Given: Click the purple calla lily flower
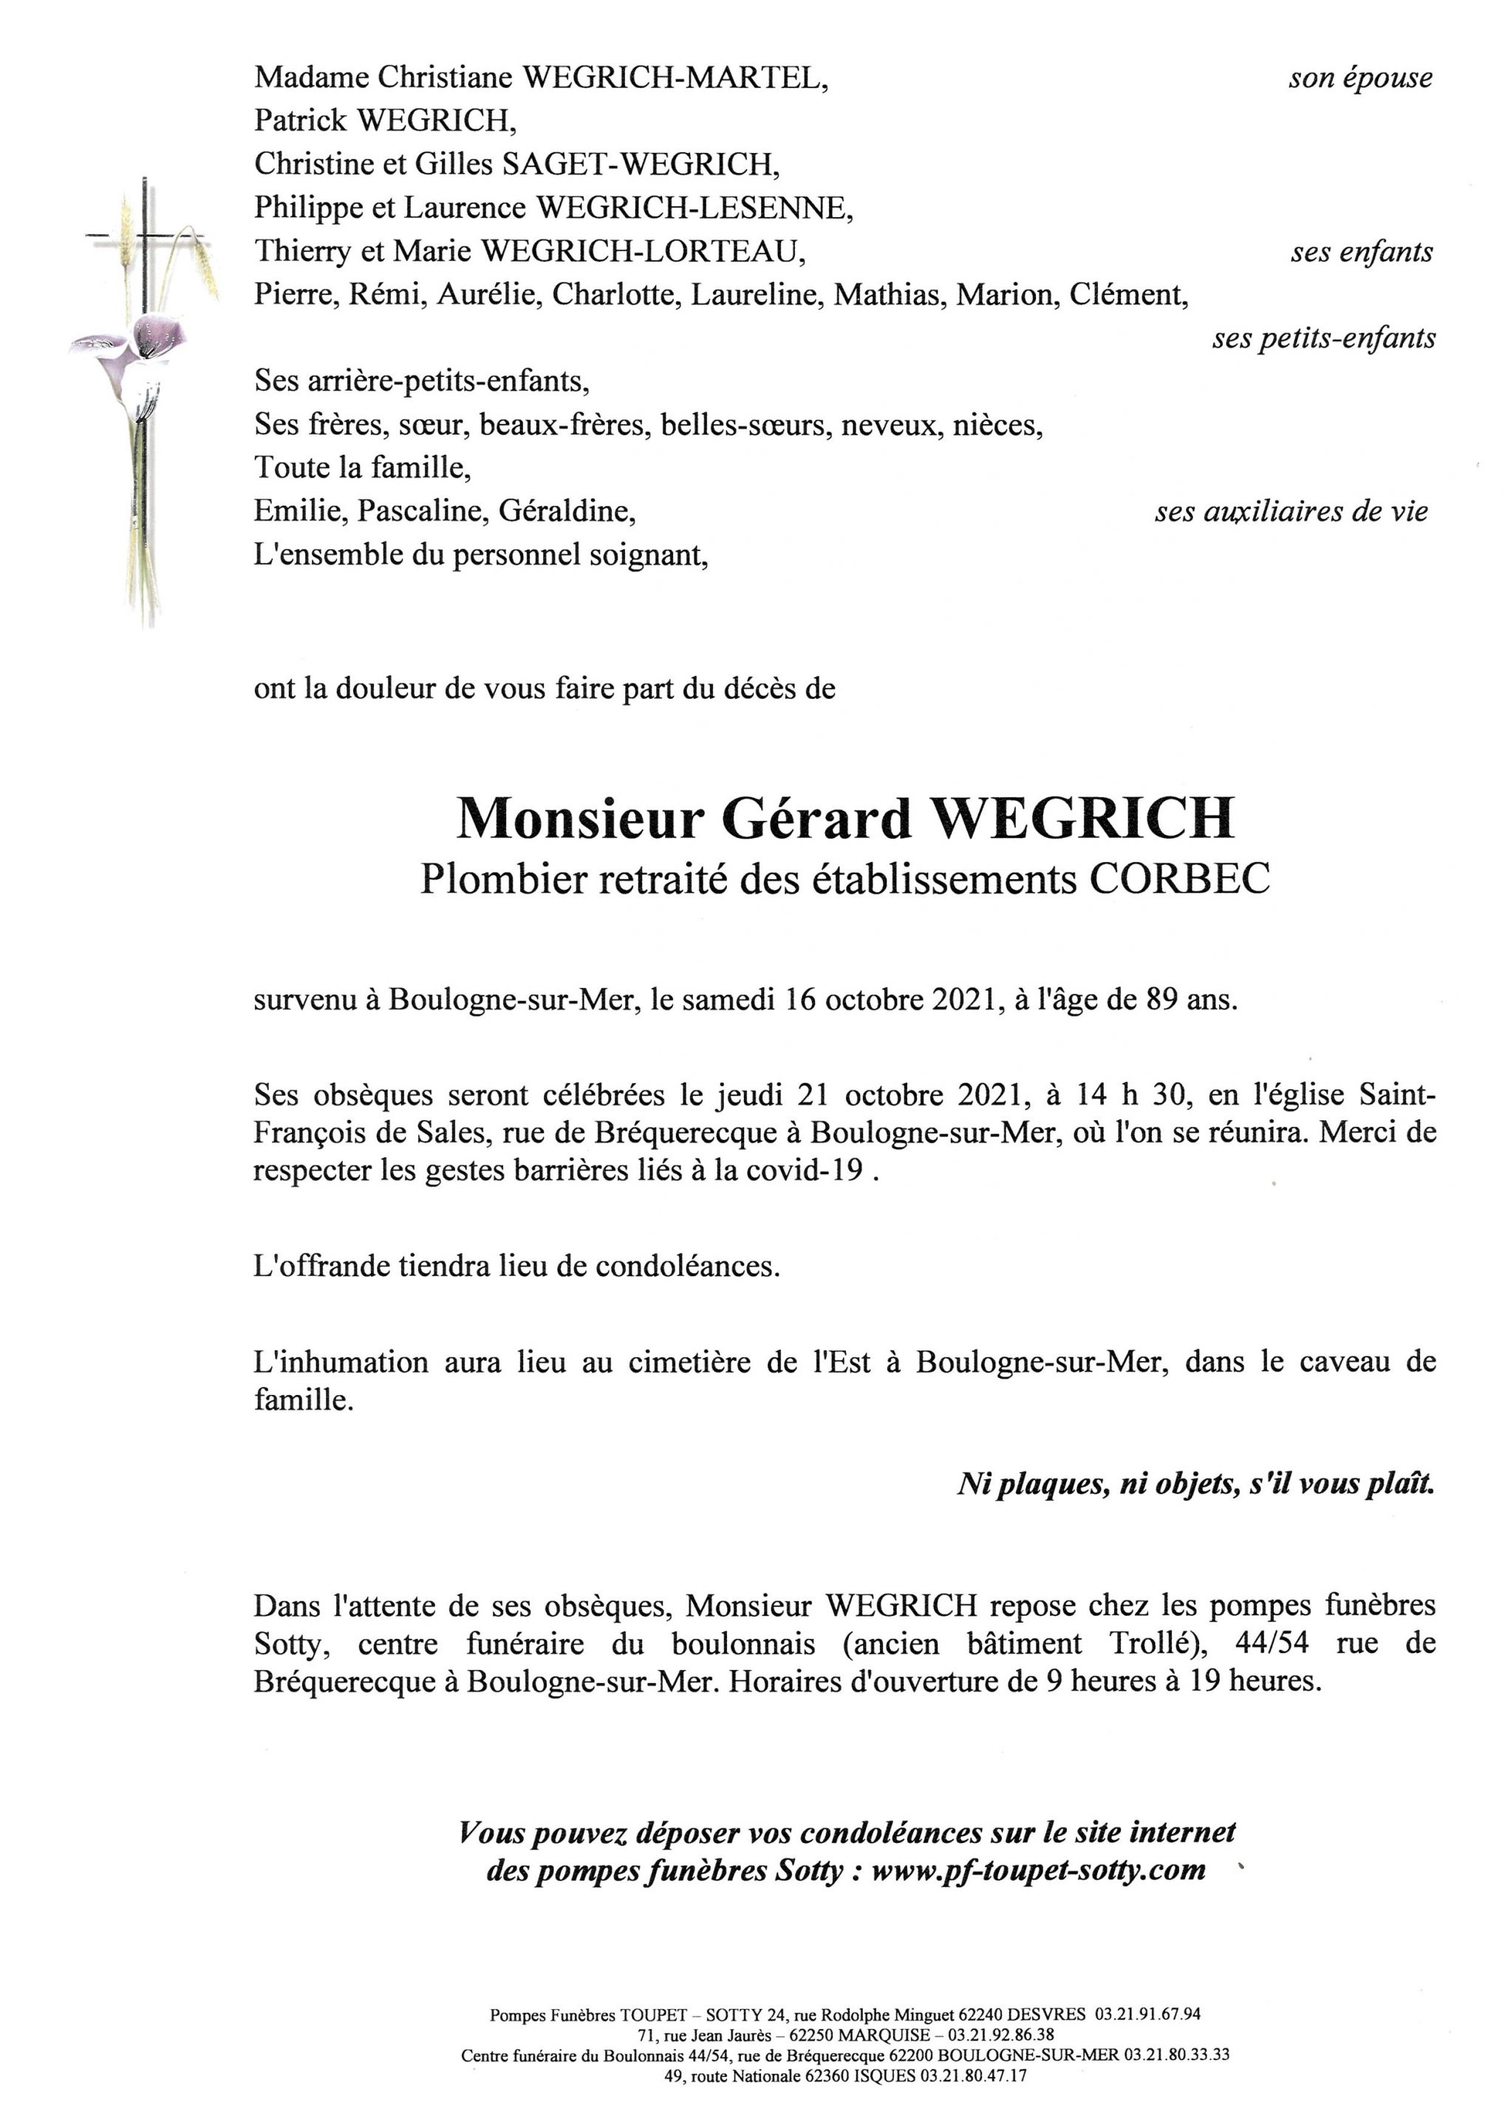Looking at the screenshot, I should tap(160, 335).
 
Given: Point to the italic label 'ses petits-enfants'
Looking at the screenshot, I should tap(1323, 339).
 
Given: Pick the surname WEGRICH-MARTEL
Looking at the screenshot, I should tap(675, 78).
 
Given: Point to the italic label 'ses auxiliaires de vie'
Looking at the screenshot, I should tap(1290, 511).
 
